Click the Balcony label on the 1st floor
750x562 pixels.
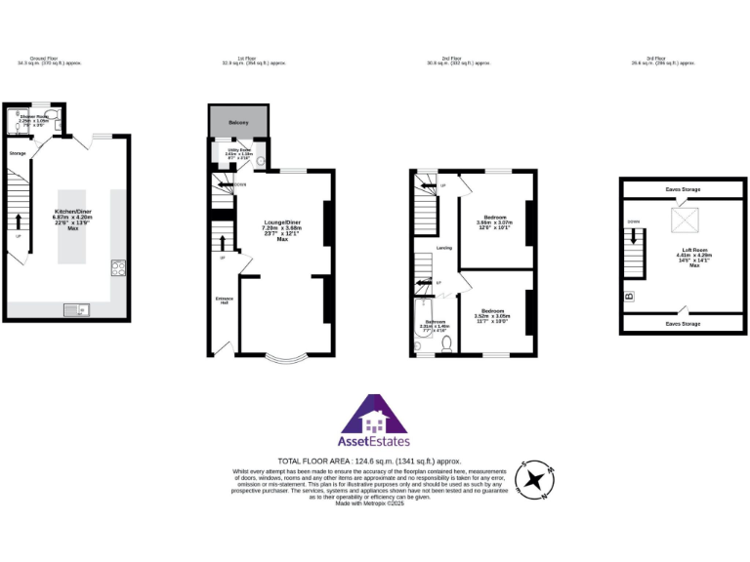(x=239, y=122)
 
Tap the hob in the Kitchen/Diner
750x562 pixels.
(x=119, y=266)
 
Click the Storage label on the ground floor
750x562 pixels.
(x=17, y=153)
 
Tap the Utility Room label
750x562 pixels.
(x=239, y=152)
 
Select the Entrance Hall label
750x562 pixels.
(x=222, y=300)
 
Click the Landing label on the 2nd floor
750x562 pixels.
(x=443, y=248)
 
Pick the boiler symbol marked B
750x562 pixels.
(x=630, y=295)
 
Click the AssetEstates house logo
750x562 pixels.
(x=374, y=419)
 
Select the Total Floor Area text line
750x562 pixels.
(x=368, y=461)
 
